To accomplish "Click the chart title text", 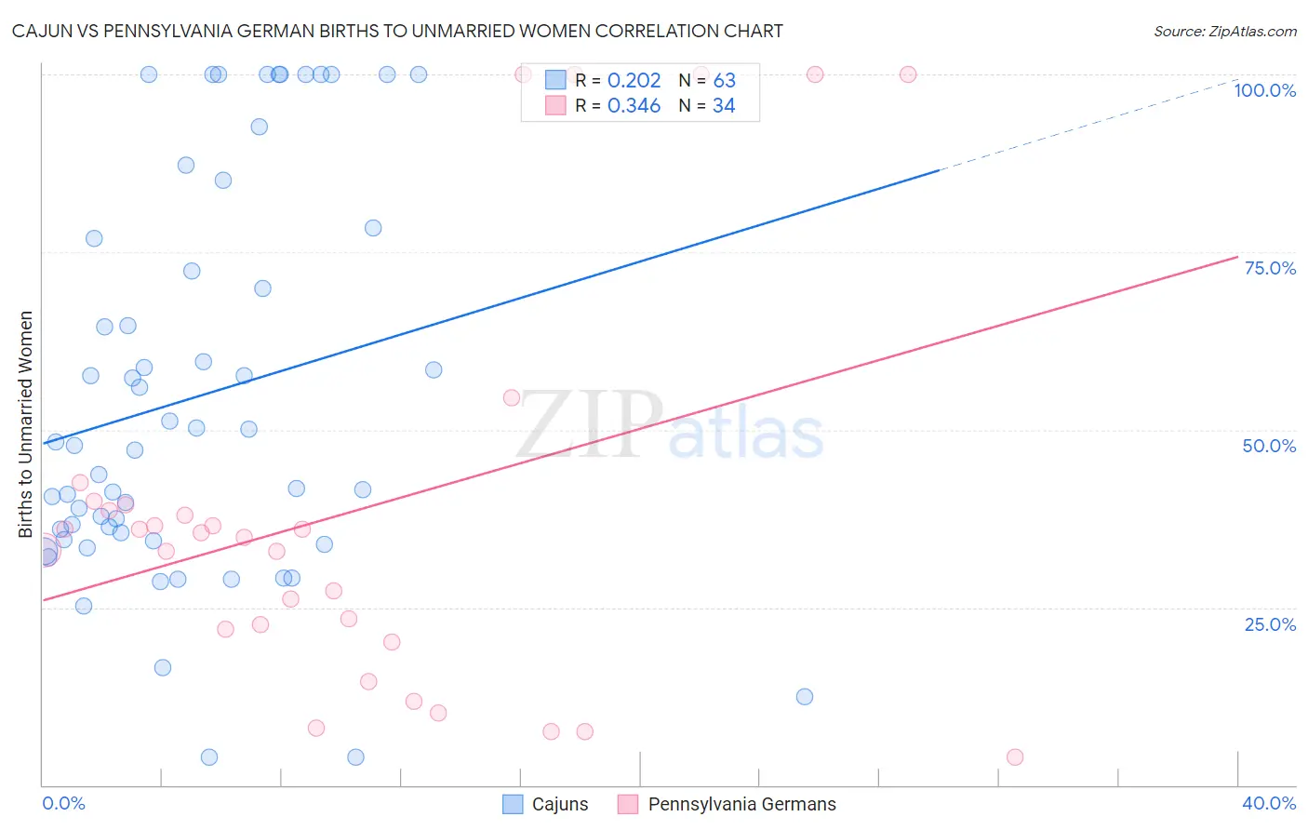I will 397,31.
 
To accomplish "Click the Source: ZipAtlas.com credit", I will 1224,31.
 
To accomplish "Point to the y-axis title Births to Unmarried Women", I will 25,424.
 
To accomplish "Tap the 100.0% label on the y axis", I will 1264,90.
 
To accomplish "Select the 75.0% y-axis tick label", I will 1270,268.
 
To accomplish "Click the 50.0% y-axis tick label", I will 1269,446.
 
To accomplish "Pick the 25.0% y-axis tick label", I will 1270,623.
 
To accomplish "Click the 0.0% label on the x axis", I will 63,803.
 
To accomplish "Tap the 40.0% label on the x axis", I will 1269,803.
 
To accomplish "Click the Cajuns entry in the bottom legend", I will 546,804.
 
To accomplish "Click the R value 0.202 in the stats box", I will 634,81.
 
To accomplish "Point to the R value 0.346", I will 634,106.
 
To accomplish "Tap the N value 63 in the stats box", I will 724,81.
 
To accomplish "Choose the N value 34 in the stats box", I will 724,106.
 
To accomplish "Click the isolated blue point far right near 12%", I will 805,697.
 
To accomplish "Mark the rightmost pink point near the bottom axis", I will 1015,757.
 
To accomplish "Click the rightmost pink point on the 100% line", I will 908,74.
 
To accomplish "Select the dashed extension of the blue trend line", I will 1088,125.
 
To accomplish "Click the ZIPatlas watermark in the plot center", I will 670,426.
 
